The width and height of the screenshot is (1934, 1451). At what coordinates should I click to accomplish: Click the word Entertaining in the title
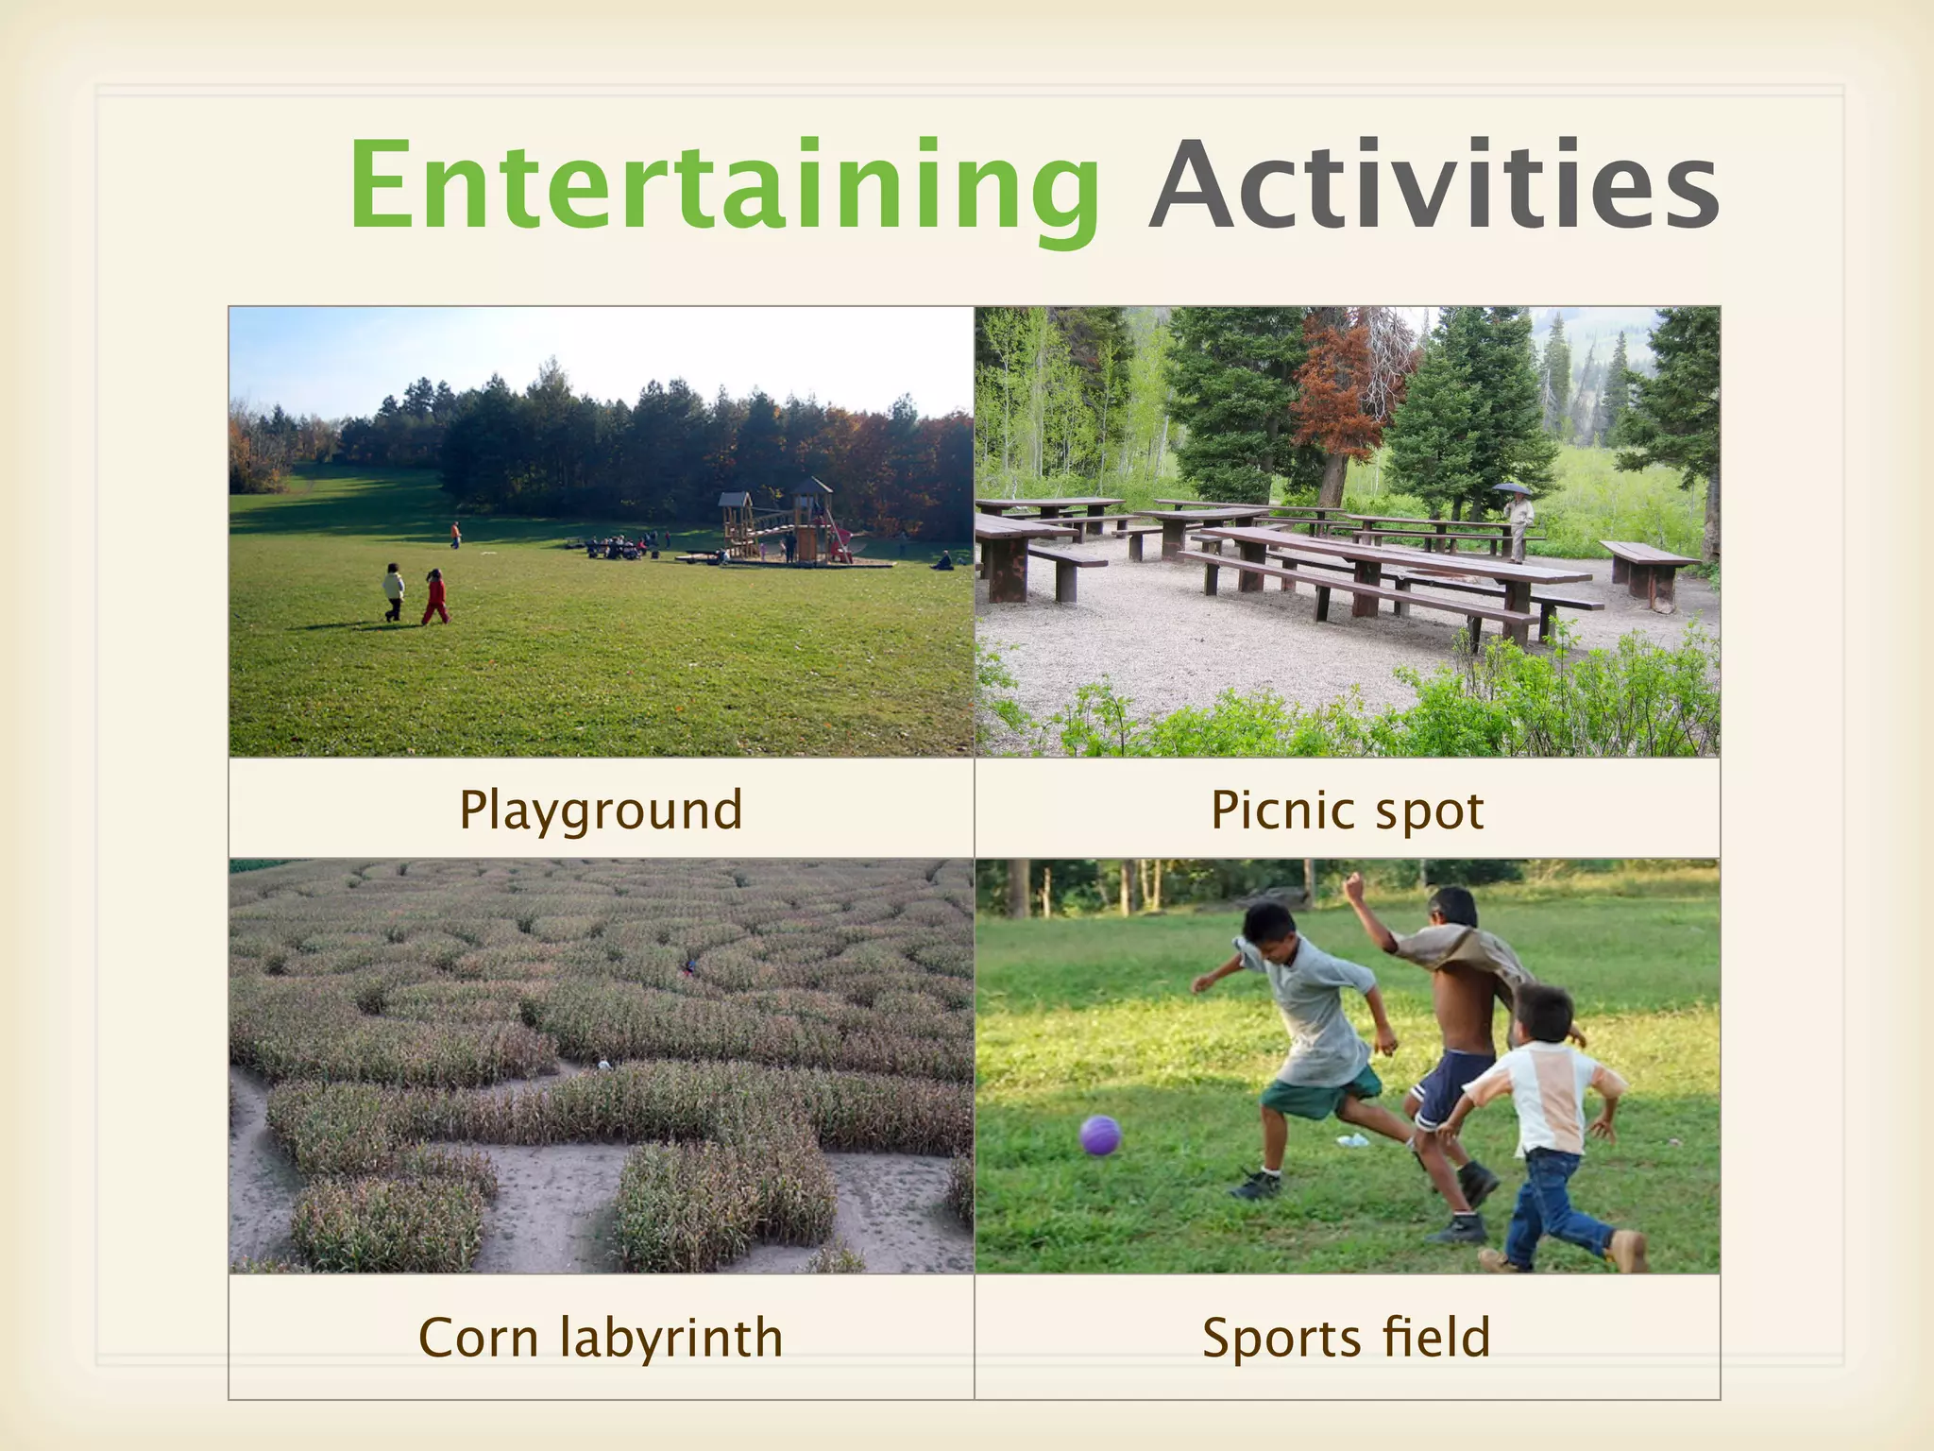[x=723, y=185]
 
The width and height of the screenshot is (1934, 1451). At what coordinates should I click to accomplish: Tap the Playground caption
[x=601, y=810]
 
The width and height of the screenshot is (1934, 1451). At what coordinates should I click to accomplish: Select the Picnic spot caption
[x=1347, y=810]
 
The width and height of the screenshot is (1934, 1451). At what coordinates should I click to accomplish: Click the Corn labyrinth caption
[x=601, y=1337]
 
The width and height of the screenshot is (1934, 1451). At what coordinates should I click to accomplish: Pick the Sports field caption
[x=1347, y=1337]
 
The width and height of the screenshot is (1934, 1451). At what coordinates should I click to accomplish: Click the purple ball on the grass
[x=1100, y=1135]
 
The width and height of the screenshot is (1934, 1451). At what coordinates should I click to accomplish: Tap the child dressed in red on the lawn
[x=435, y=597]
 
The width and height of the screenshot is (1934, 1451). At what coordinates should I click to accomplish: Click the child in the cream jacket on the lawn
[x=394, y=591]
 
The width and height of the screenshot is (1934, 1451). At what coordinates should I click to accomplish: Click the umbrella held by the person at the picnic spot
[x=1512, y=488]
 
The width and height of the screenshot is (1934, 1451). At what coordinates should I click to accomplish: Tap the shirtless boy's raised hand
[x=1355, y=886]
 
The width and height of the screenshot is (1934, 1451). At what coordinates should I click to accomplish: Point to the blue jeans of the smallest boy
[x=1549, y=1205]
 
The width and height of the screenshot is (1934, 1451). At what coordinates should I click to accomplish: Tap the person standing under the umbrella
[x=1518, y=525]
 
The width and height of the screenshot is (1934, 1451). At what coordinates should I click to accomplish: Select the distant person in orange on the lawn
[x=456, y=535]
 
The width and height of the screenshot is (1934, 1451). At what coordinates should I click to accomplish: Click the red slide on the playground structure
[x=836, y=539]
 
